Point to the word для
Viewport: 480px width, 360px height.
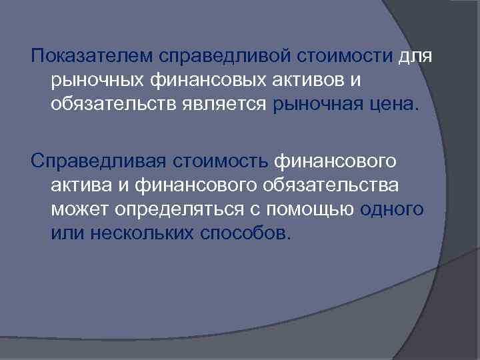(417, 57)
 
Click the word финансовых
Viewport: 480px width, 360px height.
(201, 81)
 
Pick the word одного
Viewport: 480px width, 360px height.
(391, 209)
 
